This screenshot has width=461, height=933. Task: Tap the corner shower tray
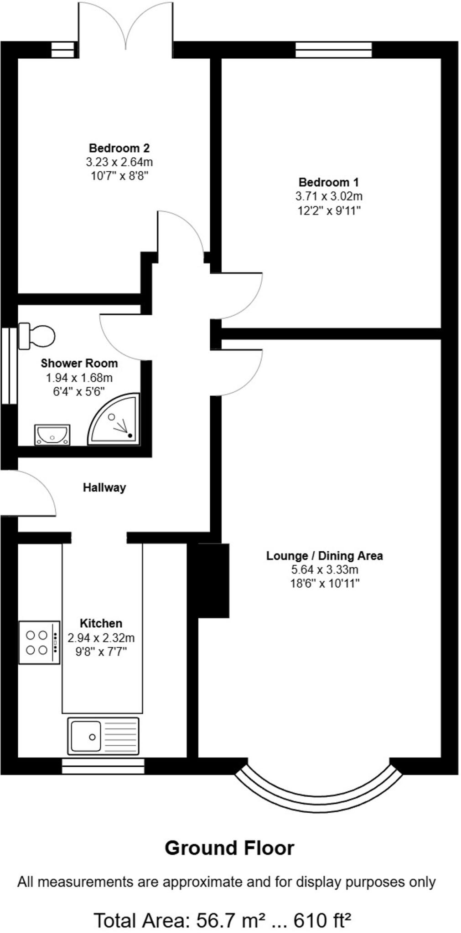coord(116,421)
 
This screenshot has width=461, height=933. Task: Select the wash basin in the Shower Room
coord(52,434)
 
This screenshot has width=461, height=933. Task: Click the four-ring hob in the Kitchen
coord(39,642)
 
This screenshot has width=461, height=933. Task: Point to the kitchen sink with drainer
coord(103,736)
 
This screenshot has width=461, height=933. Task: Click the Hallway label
coord(104,487)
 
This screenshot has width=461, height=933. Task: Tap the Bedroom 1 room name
coord(328,182)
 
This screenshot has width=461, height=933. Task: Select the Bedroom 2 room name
coord(119,148)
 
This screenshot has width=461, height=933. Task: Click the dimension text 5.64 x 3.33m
coord(325,569)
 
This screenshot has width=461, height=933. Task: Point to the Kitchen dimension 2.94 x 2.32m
coord(101,638)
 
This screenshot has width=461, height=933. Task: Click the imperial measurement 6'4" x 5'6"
coord(79,391)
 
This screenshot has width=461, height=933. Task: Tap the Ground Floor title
coord(229,848)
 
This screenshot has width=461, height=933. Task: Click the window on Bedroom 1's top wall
coord(333,50)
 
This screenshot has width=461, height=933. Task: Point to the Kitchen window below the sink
coord(103,766)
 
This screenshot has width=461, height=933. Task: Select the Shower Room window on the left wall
coord(8,365)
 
